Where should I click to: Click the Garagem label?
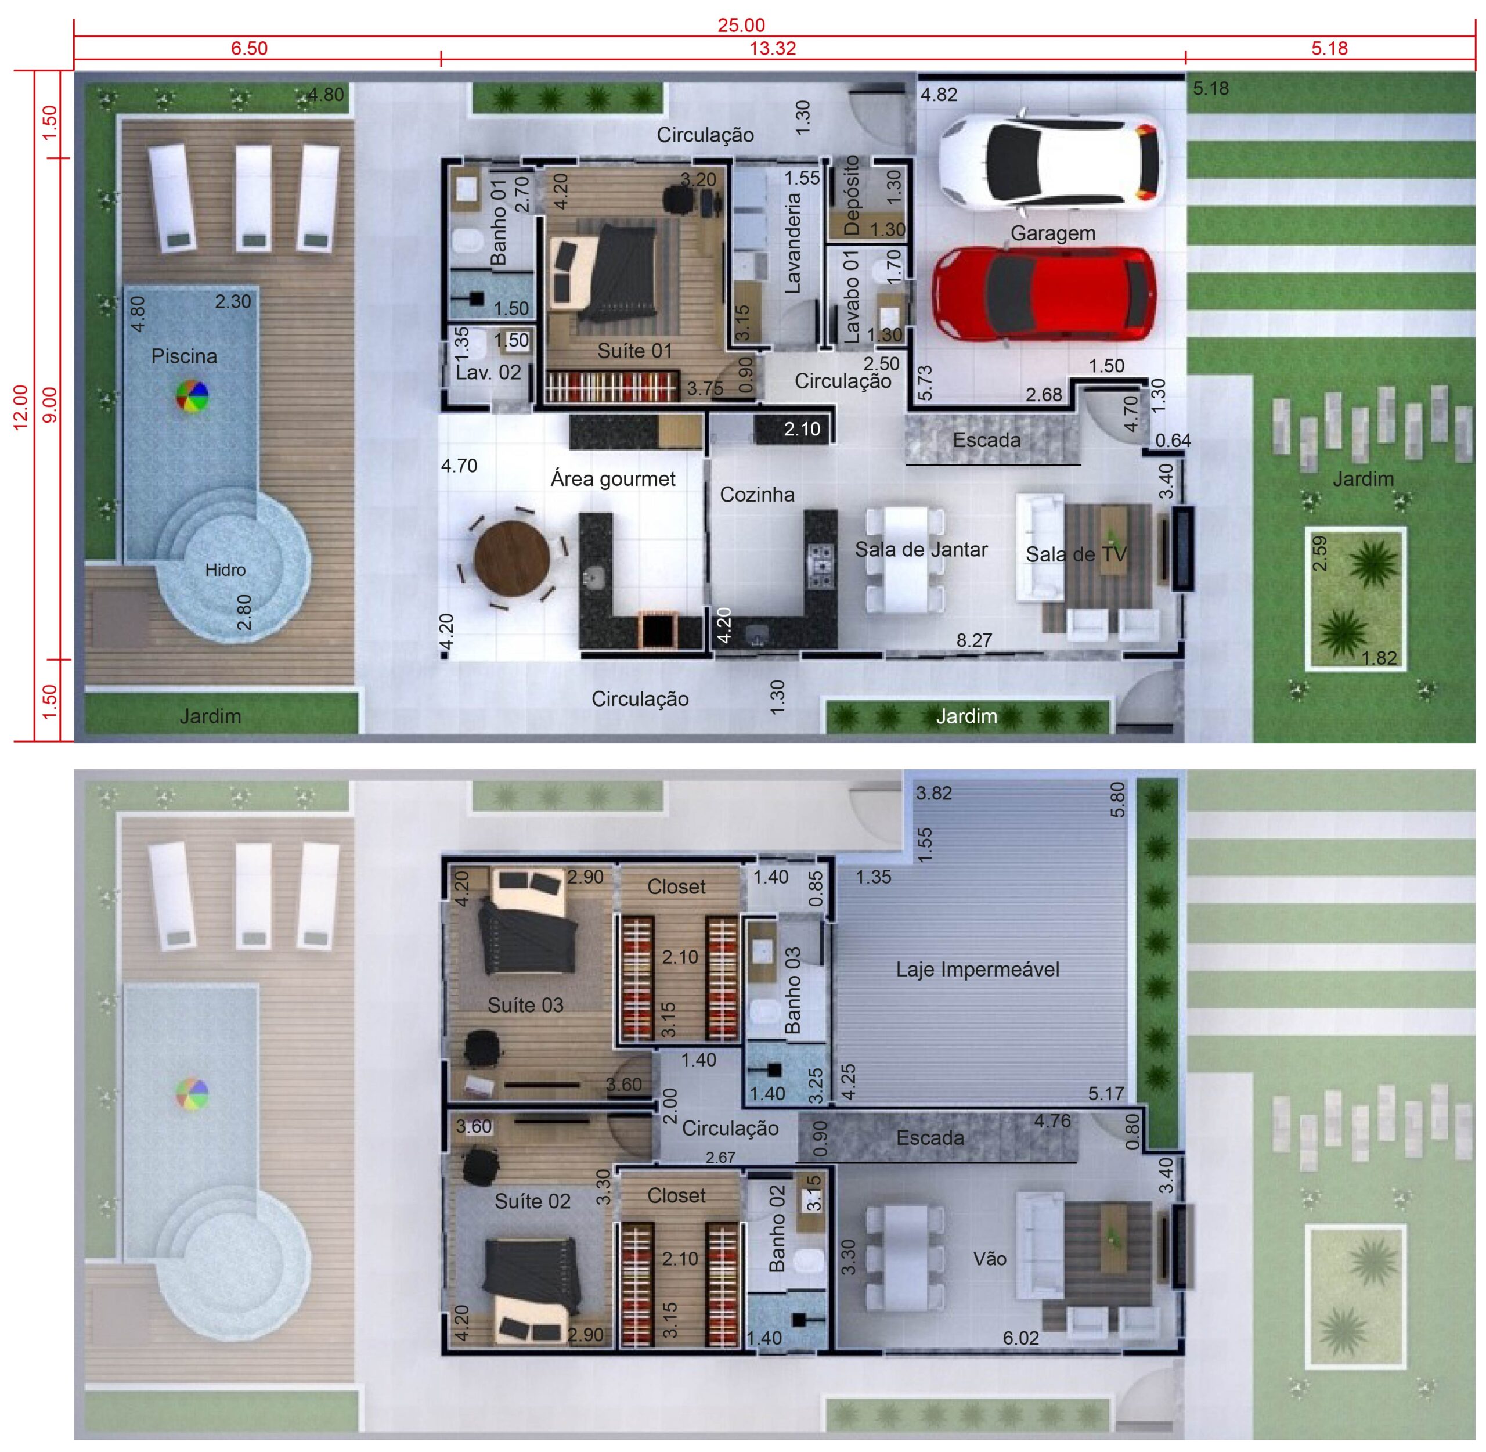click(1053, 233)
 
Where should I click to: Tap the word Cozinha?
click(756, 495)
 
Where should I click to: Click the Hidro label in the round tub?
click(225, 570)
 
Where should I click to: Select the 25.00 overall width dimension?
click(741, 25)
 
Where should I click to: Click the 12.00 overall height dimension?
click(21, 406)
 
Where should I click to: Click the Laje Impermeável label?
click(978, 970)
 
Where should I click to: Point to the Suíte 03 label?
click(525, 1005)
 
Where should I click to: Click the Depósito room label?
click(852, 195)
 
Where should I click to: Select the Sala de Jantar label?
click(921, 550)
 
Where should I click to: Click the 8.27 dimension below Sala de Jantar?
click(975, 640)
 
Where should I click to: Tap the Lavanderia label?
click(792, 243)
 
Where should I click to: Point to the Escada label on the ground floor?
click(987, 440)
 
